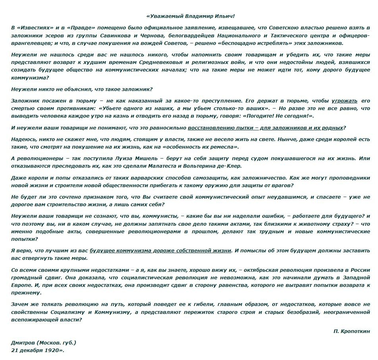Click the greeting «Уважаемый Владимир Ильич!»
pos(191,16)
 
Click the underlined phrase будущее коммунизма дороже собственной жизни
pos(160,251)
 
